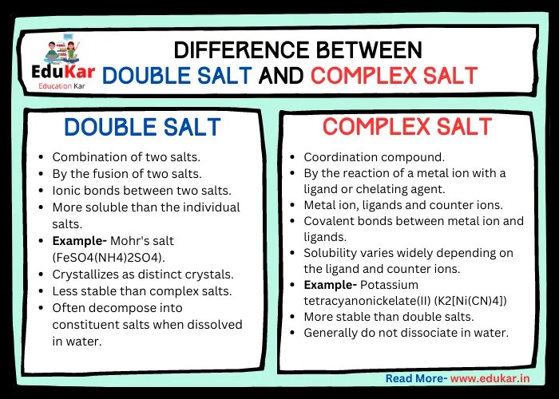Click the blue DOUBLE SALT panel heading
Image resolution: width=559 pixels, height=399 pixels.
141,128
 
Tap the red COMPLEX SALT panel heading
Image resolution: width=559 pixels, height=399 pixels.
407,127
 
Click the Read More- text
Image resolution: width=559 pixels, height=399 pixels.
415,378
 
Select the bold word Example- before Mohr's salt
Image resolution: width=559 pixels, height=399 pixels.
81,240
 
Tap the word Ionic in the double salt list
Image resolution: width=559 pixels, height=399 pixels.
68,191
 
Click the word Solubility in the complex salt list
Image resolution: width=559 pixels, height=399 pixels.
333,253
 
